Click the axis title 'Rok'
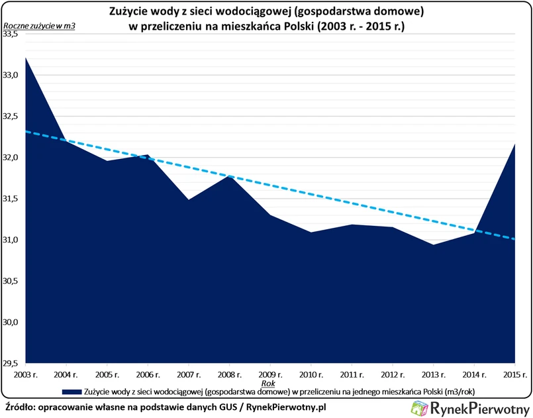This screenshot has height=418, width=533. pos(268,382)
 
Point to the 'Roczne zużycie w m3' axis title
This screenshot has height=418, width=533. pos(38,26)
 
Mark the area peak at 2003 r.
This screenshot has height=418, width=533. pos(25,58)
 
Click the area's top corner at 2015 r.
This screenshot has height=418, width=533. pos(514,144)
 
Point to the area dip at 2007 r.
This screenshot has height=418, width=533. pos(189,199)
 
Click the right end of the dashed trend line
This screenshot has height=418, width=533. pos(514,239)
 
